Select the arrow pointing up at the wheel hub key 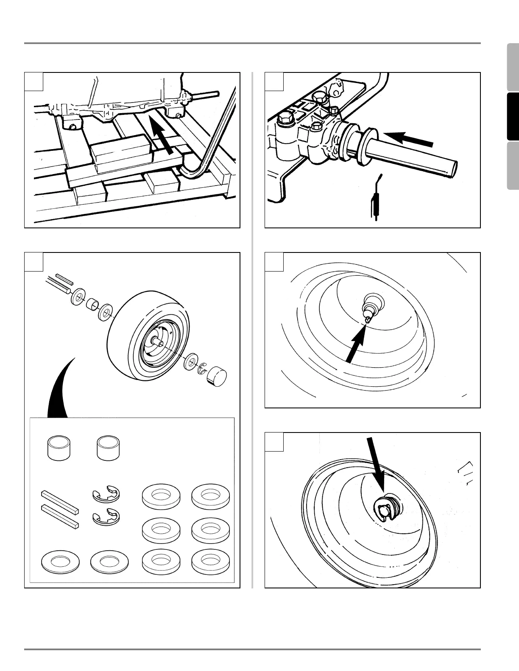(x=355, y=345)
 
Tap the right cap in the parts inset (x=108, y=446)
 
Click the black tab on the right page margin (x=513, y=116)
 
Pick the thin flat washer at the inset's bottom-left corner (x=60, y=562)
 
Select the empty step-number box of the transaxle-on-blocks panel (x=34, y=82)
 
